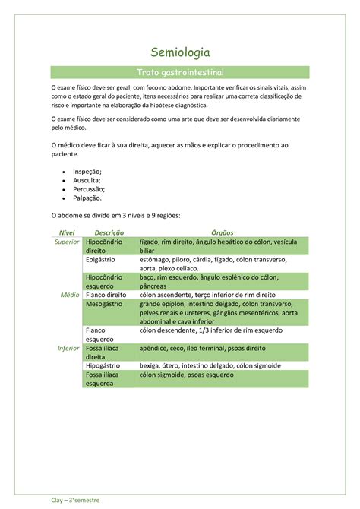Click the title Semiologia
180,52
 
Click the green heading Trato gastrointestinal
180,72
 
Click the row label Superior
67,241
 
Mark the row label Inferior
68,347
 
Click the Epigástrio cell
105,259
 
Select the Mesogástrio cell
108,303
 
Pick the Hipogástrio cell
106,365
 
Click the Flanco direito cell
107,294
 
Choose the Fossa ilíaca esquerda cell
104,379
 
